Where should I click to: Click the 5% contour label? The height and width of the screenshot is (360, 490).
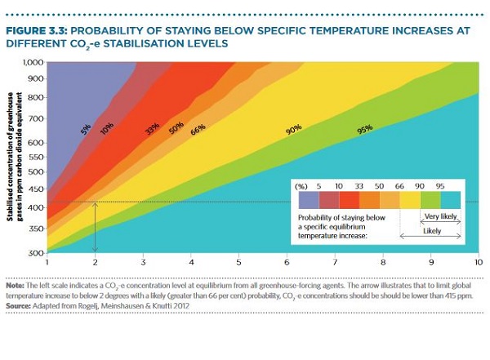tap(84, 128)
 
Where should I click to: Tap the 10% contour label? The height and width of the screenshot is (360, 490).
tap(106, 128)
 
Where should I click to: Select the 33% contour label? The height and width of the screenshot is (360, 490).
tap(152, 129)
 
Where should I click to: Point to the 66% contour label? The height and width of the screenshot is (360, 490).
tap(198, 129)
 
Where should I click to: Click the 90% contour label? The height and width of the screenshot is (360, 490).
tap(295, 129)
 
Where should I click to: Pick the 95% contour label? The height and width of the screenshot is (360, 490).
tap(364, 129)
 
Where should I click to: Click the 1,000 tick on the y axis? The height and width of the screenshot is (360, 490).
tap(32, 62)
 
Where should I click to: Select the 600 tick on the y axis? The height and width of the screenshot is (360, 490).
tap(34, 142)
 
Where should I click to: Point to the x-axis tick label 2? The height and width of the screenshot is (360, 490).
tap(96, 263)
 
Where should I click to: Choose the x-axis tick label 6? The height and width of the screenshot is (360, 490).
tap(287, 263)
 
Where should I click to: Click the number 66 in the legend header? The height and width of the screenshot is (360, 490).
tap(401, 187)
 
